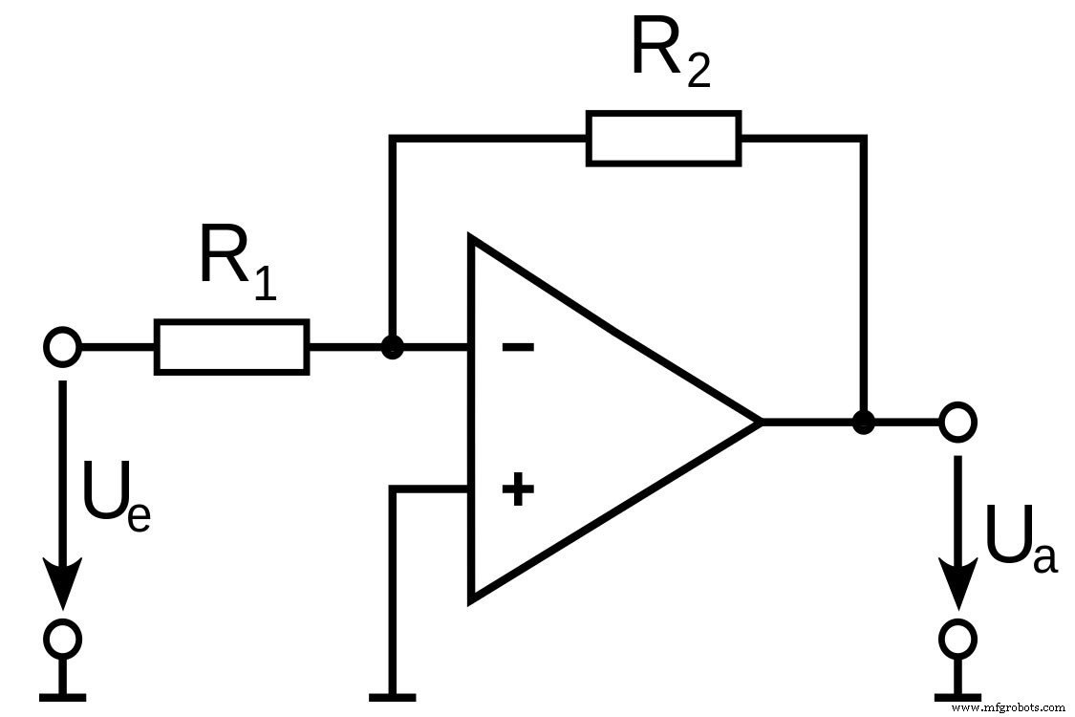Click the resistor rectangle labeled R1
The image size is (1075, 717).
coord(231,347)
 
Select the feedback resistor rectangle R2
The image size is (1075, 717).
coord(662,139)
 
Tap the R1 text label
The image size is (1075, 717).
coord(236,261)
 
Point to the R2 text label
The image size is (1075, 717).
coord(670,53)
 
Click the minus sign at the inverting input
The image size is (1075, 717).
coord(518,347)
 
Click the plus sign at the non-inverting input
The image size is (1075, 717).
coord(518,490)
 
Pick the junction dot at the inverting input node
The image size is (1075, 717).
coord(391,347)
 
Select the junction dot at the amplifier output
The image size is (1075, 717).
coord(863,422)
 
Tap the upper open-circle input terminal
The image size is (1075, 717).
coord(63,347)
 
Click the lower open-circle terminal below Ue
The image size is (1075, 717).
coord(63,637)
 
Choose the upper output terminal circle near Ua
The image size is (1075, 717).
coord(957,422)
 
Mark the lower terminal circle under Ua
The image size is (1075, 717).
coord(957,637)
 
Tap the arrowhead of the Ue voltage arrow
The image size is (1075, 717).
coord(63,583)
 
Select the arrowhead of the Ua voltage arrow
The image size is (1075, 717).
coord(957,583)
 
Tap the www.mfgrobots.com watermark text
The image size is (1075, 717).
coord(1009,707)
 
